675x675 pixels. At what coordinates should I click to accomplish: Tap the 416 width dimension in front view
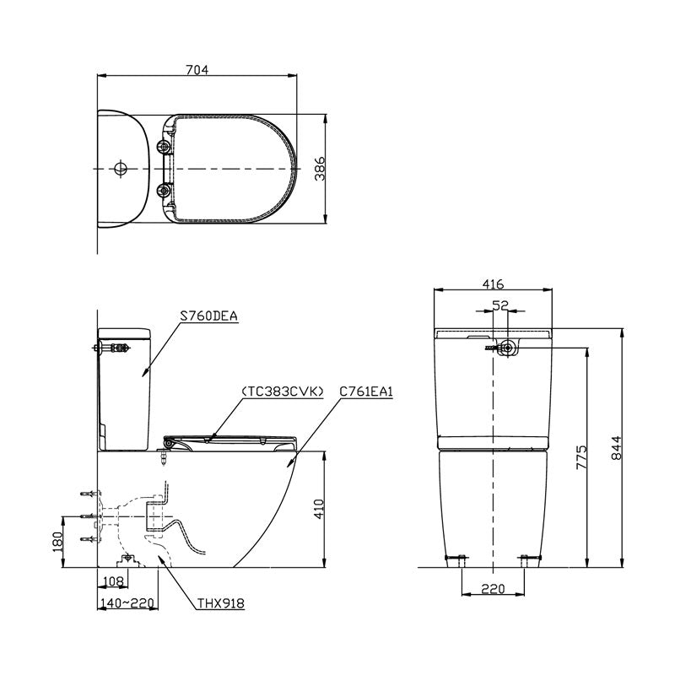[x=494, y=284]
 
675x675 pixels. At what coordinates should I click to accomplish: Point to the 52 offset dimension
[x=500, y=307]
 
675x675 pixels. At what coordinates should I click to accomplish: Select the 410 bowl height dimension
[x=319, y=510]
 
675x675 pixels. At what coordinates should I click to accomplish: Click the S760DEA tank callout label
[x=209, y=316]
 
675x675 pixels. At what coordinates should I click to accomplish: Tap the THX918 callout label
[x=221, y=604]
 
